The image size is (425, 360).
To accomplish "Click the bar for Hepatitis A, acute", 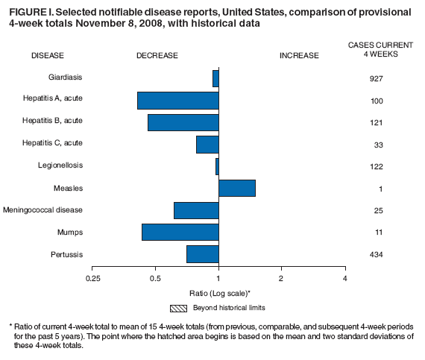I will pos(178,100).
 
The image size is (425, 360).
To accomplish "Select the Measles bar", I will pos(237,188).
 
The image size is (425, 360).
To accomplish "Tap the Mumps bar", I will pos(180,232).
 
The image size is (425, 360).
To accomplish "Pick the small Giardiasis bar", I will pos(215,78).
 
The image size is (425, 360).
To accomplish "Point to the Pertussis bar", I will pos(203,254).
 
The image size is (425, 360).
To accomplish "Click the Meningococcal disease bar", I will pos(196,210).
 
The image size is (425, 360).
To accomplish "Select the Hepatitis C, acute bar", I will pos(207,144).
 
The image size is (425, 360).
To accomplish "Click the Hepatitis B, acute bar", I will pos(183,122).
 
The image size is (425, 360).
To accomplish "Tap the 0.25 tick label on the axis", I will pos(92,278).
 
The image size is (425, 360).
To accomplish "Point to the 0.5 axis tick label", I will pos(155,278).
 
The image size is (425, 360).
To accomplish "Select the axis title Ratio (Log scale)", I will pos(218,293).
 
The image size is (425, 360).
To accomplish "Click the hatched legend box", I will pos(179,307).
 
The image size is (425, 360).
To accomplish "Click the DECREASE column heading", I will pos(157,55).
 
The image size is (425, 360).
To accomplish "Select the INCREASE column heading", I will pos(298,55).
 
